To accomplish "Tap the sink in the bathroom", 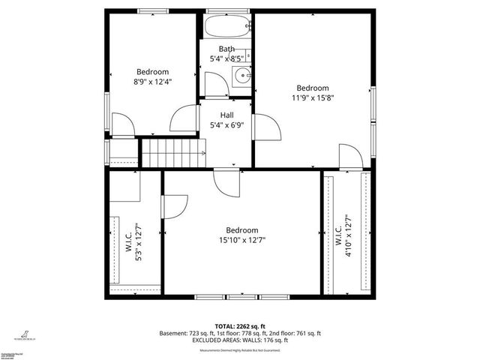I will [x=242, y=75].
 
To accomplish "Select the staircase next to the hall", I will [x=173, y=153].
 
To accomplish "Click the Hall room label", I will [x=226, y=115].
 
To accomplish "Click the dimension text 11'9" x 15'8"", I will [x=312, y=97].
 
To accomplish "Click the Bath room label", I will [x=226, y=49].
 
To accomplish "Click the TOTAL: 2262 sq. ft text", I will [x=240, y=325].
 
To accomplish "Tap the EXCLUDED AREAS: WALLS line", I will [x=240, y=340].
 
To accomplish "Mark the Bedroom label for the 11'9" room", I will [x=312, y=87].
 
